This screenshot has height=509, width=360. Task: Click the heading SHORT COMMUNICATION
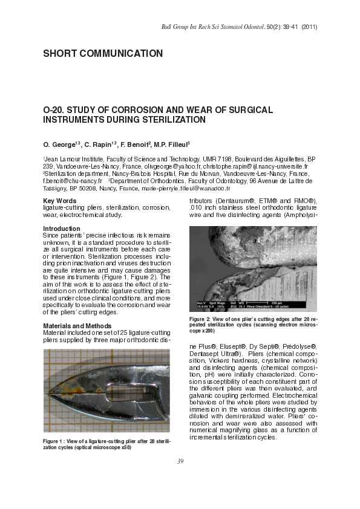click(103, 54)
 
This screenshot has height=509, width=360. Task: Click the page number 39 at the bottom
click(180, 462)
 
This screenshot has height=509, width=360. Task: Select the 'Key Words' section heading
click(60, 200)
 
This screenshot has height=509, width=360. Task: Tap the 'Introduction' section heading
click(61, 229)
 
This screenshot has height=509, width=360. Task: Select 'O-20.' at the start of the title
click(53, 111)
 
